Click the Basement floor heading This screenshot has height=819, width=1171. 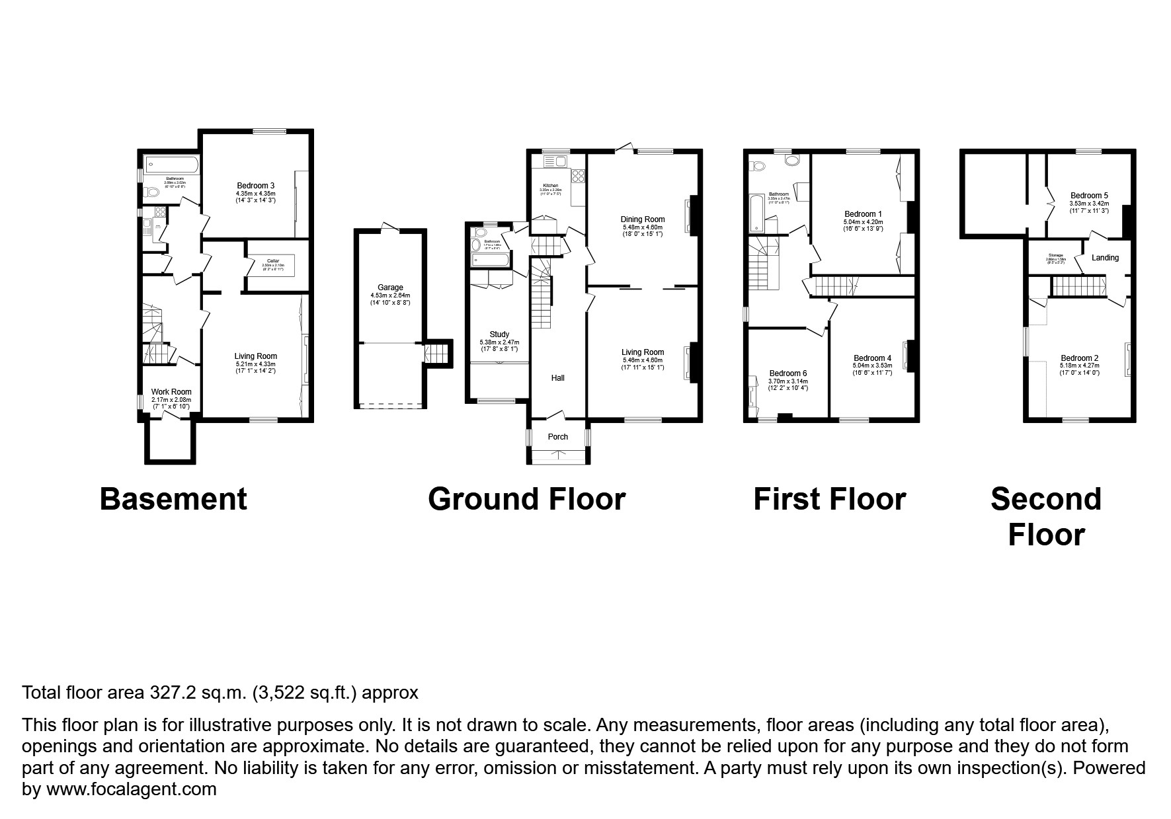click(x=173, y=499)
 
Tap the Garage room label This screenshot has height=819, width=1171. click(x=390, y=288)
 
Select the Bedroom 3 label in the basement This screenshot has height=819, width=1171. click(x=255, y=185)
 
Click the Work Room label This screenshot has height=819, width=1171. click(x=171, y=392)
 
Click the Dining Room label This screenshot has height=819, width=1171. click(x=642, y=219)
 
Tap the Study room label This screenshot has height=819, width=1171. click(x=499, y=334)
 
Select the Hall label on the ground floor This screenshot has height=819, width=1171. click(x=558, y=378)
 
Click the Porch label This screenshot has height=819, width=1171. click(x=558, y=437)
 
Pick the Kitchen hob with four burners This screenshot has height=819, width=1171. click(x=577, y=176)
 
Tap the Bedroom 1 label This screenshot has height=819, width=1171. click(x=863, y=214)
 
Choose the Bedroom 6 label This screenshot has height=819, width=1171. click(x=787, y=373)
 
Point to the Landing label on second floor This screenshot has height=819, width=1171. click(x=1105, y=258)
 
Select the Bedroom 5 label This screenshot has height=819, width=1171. click(x=1089, y=196)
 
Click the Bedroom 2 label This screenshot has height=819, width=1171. click(x=1079, y=358)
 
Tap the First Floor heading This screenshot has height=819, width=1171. click(x=829, y=499)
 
